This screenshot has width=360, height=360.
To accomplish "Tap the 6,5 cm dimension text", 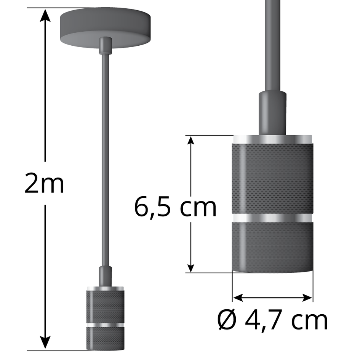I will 175,208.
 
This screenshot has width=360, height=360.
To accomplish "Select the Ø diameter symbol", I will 227,320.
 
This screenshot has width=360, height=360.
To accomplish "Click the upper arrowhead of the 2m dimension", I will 46,15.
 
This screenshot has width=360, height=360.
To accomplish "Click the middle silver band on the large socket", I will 272,218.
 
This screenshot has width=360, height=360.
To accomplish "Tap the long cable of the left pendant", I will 106,160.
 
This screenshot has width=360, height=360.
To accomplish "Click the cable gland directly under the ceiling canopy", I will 106,46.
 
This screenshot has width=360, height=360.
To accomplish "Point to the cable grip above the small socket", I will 106,276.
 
